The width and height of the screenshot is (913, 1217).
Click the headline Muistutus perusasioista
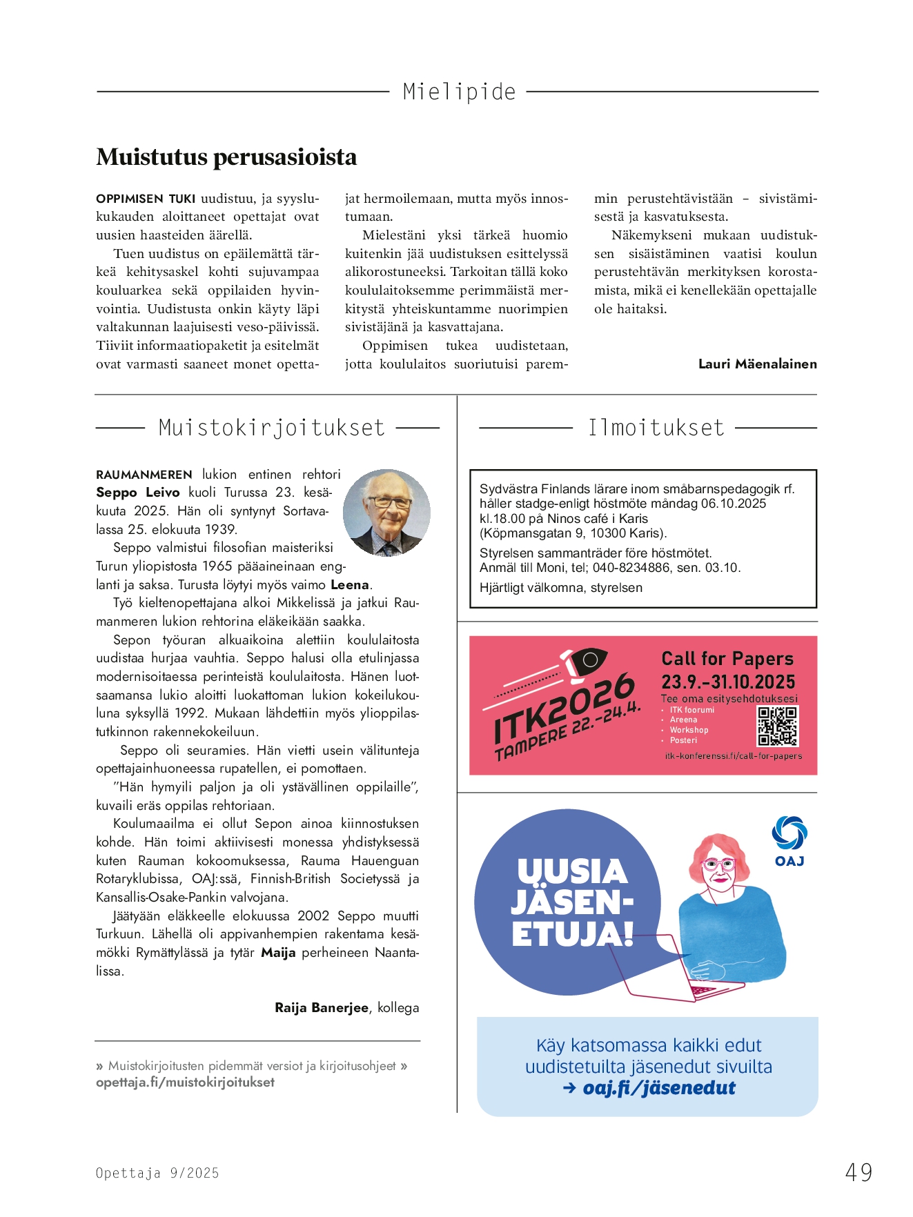pos(226,157)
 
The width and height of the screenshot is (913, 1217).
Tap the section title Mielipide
pos(459,92)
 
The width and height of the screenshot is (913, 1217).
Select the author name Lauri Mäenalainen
pos(757,364)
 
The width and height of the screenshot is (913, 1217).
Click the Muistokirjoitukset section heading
pos(271,428)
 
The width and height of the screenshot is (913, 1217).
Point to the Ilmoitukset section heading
pos(656,428)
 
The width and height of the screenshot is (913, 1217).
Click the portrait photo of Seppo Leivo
pos(386,513)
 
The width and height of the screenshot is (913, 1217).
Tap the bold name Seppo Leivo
pos(138,493)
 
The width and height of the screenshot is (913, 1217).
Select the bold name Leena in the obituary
pos(350,585)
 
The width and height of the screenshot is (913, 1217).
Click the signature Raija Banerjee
pos(322,1008)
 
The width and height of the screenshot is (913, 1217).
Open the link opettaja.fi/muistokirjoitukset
pos(185,1082)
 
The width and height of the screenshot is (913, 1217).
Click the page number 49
pos(858,1172)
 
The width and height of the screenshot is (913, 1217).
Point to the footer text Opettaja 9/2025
pos(157,1173)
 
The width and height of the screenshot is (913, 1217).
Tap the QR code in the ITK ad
pos(778,726)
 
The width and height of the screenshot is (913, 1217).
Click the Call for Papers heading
pos(727,659)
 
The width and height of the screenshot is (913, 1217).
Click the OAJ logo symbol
pos(789,833)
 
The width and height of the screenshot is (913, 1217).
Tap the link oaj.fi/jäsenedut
pos(659,1089)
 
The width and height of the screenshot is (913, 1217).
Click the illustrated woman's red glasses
pos(718,864)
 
